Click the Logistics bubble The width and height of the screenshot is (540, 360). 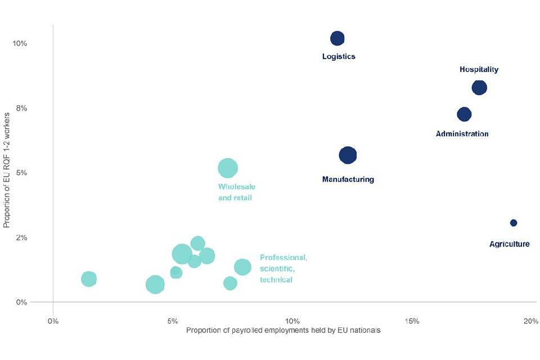337,38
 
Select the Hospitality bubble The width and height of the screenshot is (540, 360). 479,87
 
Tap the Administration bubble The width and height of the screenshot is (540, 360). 464,114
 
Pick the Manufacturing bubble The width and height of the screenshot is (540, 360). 348,155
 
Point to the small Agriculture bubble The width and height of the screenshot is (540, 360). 514,223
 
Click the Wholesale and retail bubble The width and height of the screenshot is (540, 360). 228,168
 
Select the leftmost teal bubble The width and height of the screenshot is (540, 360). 89,278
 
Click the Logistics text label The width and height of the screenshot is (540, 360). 339,57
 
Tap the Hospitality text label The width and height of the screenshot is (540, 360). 479,70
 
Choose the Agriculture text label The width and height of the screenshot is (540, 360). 509,244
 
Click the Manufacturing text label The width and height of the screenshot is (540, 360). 348,179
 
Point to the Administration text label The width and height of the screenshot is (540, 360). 462,134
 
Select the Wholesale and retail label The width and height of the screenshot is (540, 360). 237,192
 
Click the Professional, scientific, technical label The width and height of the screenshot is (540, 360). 283,268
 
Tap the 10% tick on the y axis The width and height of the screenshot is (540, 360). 20,43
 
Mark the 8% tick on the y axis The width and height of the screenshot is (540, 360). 21,108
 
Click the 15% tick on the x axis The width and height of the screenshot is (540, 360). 412,321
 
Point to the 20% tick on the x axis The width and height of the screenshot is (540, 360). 531,321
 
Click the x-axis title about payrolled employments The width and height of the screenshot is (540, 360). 283,331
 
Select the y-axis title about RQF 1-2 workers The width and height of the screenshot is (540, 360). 7,169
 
